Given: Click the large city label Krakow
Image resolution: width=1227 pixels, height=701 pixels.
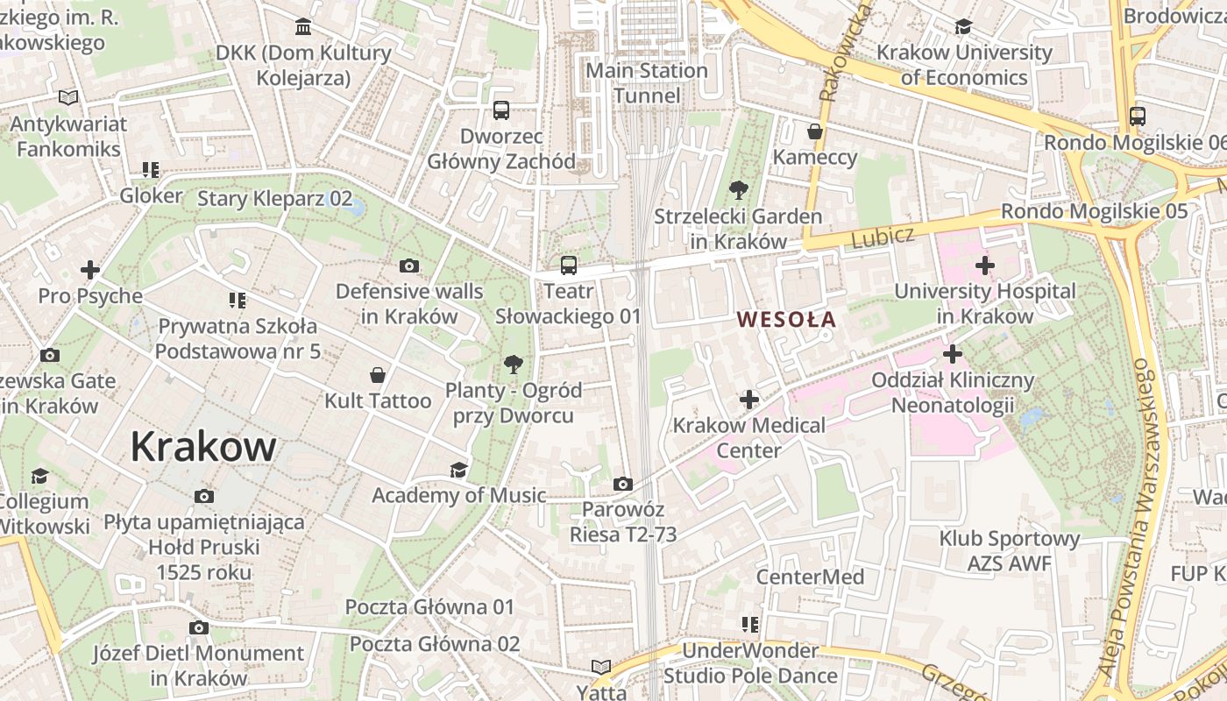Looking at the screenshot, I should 203,447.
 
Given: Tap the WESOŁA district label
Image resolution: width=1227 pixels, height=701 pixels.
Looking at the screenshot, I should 787,320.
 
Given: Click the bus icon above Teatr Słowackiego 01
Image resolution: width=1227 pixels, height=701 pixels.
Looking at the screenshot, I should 569,265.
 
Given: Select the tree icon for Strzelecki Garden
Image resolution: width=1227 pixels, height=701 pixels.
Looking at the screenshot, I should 738,190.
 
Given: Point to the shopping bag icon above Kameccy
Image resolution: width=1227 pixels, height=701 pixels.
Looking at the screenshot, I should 815,132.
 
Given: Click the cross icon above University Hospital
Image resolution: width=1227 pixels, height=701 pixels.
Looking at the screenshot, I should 985,265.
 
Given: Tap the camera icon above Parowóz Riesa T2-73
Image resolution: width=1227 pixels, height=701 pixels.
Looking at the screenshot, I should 622,484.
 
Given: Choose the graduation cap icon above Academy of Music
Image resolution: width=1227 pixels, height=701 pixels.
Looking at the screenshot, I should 458,471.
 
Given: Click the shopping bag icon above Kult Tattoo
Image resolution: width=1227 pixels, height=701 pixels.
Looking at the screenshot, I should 378,375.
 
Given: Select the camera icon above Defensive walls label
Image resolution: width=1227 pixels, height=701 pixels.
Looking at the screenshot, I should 408,266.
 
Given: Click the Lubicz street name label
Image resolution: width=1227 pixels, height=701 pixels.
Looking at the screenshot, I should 883,236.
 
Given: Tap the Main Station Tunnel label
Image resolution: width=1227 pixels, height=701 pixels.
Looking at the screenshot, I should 647,82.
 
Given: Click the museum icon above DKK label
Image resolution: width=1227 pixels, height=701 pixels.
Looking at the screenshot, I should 303,27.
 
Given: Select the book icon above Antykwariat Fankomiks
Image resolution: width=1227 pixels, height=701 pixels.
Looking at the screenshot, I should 68,98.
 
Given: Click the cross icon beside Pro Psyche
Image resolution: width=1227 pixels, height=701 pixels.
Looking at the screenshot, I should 89,270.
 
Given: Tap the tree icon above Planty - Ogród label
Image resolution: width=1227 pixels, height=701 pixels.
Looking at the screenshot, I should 513,364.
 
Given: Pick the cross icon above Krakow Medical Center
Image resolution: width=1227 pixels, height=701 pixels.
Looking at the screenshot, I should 748,400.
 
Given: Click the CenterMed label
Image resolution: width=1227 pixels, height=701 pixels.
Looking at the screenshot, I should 810,577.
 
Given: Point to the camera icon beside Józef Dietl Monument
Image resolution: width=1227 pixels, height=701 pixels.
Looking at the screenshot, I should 199,627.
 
